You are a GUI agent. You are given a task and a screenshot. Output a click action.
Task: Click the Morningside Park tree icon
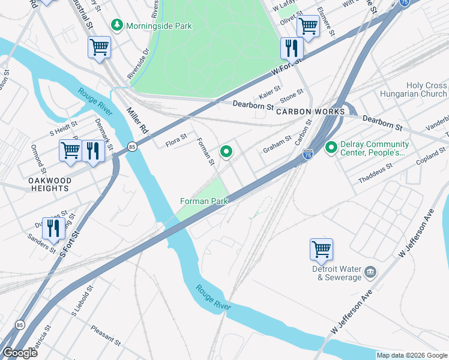pos(117,26)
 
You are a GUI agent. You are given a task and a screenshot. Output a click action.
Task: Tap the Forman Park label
pos(204,201)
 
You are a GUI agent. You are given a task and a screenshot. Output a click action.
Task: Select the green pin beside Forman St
pos(226,153)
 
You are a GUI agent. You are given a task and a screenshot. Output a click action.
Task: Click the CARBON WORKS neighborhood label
pos(310,112)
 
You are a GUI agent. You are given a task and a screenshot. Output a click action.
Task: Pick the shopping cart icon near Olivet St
pos(307,26)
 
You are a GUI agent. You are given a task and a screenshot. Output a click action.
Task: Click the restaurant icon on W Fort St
pos(291,47)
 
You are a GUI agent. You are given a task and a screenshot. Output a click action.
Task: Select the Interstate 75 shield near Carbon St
pos(308,154)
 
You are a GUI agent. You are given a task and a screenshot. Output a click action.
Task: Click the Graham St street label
pos(277,143)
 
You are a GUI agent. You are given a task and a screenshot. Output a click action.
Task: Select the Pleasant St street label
pos(106,336)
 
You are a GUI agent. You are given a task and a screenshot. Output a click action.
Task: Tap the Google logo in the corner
pos(20,353)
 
